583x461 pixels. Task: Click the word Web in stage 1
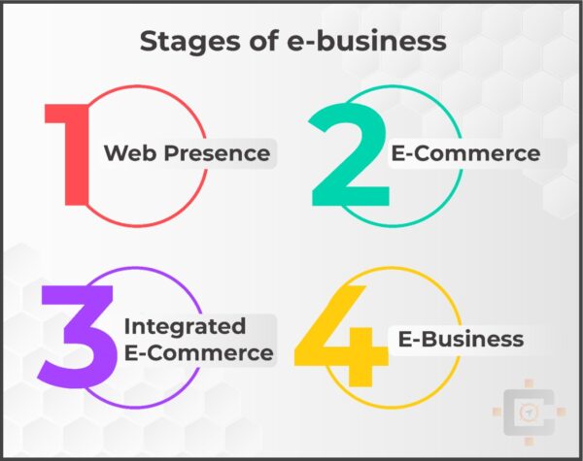pos(128,153)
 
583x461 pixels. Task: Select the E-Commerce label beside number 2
pos(465,153)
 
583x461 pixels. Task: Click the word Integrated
pos(185,325)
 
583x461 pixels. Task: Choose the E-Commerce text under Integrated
pos(198,352)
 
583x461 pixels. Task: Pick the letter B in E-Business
pos(425,339)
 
